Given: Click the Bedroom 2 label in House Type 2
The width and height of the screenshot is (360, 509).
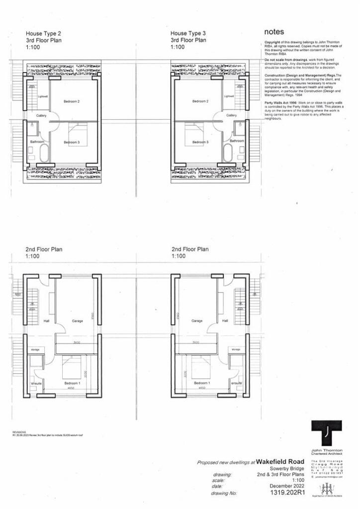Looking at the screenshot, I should click(x=72, y=101).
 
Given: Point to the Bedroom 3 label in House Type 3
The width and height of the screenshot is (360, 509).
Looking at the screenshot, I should click(x=200, y=142).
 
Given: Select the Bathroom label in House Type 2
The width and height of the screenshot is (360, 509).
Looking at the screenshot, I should click(x=37, y=142).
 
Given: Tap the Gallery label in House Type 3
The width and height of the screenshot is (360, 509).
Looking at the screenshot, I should click(x=231, y=115).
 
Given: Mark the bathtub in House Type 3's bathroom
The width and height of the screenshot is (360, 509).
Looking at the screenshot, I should click(x=228, y=153).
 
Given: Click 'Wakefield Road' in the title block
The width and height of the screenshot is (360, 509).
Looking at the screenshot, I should click(x=280, y=461).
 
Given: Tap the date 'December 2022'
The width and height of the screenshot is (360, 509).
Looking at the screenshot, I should click(x=286, y=486).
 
